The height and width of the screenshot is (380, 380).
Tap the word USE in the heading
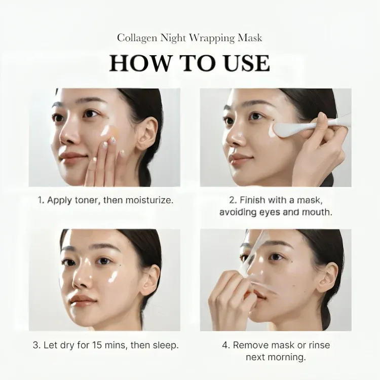tap(247, 63)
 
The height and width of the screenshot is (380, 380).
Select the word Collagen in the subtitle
tap(137, 39)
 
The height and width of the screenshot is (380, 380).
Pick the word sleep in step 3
tap(166, 346)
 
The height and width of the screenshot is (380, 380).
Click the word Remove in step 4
tap(248, 345)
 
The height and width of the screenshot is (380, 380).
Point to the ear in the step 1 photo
tap(146, 134)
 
